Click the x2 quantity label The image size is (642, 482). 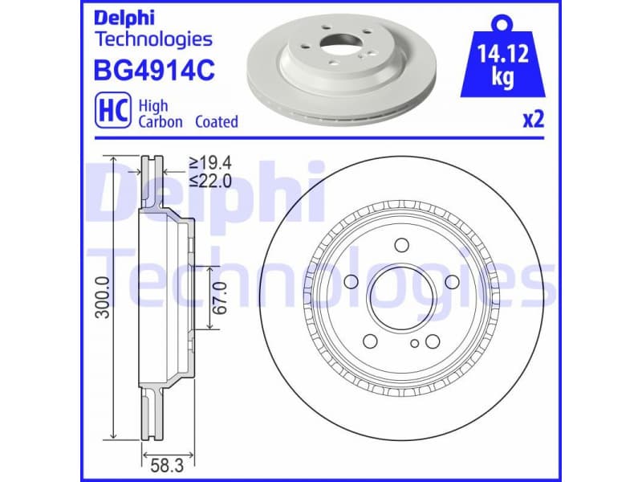pyautogui.click(x=534, y=120)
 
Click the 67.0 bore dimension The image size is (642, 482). pyautogui.click(x=223, y=297)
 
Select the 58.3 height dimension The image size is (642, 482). pyautogui.click(x=166, y=462)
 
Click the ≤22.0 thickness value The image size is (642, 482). pyautogui.click(x=209, y=182)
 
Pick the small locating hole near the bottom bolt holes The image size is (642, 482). pyautogui.click(x=414, y=343)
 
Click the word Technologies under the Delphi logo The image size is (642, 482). pyautogui.click(x=153, y=38)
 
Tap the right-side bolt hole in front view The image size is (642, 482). pyautogui.click(x=451, y=281)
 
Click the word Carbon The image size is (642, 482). pyautogui.click(x=160, y=122)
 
